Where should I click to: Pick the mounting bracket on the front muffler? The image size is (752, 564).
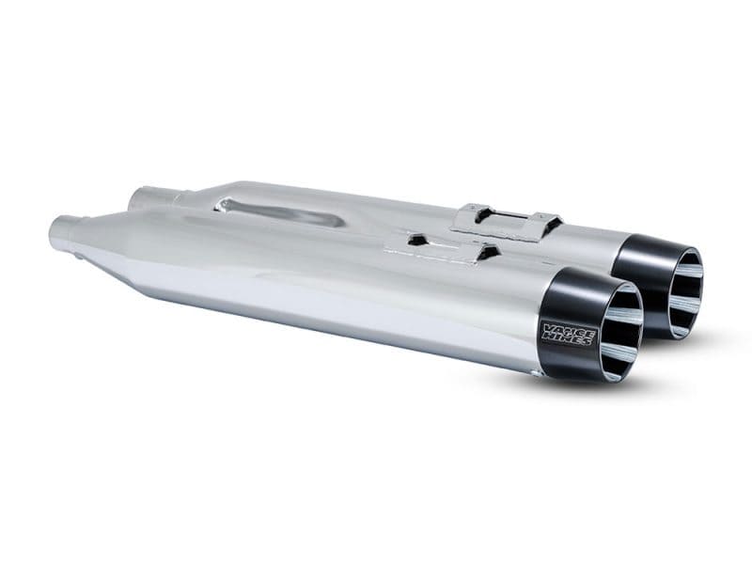pos(442,247)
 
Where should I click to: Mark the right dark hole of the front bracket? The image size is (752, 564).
pos(487,252)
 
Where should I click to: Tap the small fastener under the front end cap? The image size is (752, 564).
pos(538,373)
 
